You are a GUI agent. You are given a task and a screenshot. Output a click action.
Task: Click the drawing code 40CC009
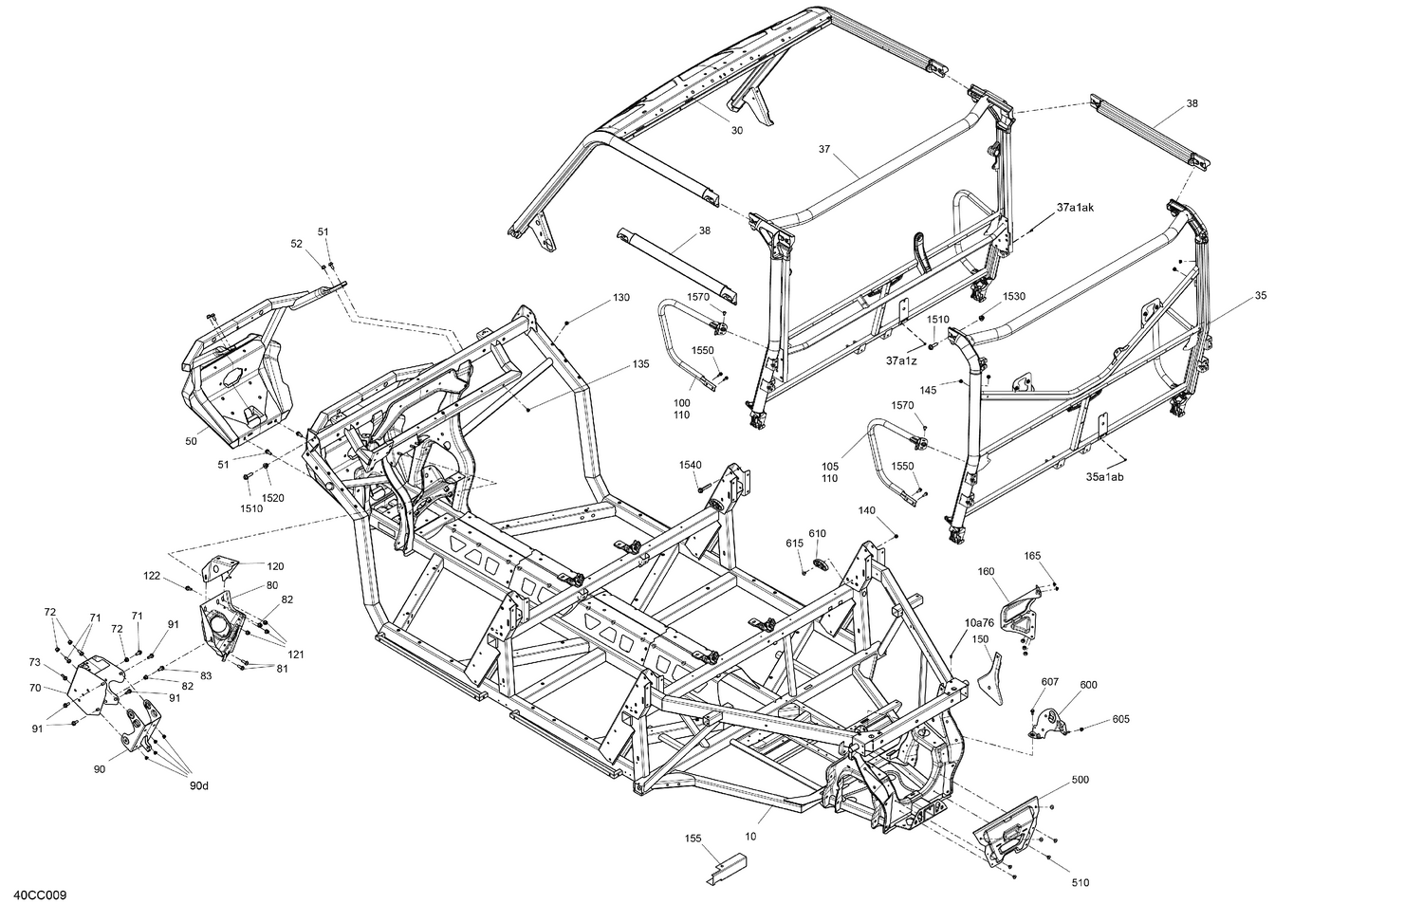pyautogui.click(x=39, y=895)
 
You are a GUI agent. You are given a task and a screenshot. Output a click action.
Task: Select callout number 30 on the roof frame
pyautogui.click(x=737, y=131)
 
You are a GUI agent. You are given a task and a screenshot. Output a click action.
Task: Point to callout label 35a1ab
pyautogui.click(x=1104, y=477)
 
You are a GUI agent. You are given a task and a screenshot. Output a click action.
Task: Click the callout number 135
pyautogui.click(x=640, y=364)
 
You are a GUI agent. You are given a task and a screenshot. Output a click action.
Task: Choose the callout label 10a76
pyautogui.click(x=979, y=623)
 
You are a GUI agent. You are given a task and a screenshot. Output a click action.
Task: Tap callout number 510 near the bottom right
pyautogui.click(x=1080, y=883)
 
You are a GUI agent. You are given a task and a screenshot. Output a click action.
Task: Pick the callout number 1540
pyautogui.click(x=690, y=464)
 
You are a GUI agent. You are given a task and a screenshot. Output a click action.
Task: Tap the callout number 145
pyautogui.click(x=928, y=390)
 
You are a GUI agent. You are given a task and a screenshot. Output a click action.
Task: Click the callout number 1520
pyautogui.click(x=273, y=498)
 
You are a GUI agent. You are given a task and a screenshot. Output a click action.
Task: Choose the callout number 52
pyautogui.click(x=296, y=244)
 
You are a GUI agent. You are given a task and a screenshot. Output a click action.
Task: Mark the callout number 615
pyautogui.click(x=794, y=543)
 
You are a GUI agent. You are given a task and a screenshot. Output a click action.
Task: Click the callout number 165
pyautogui.click(x=1033, y=556)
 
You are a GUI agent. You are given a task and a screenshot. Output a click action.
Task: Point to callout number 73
pyautogui.click(x=35, y=662)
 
